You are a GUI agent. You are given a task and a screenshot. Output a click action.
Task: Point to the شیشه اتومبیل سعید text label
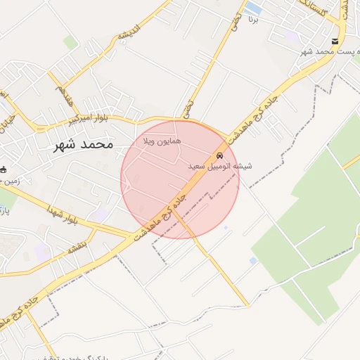pos(220,167)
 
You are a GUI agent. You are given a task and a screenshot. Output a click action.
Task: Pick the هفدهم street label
pos(65,94)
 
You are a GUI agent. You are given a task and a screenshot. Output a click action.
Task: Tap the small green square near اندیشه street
pos(70,43)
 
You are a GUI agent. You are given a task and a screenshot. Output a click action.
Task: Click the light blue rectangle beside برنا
pos(254,8)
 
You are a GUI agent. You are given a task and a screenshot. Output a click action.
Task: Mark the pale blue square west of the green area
pos(253,261)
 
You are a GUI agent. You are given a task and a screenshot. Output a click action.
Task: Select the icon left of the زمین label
pos(4,169)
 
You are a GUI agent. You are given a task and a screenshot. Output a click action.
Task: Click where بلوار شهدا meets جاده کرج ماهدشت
pos(134,235)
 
